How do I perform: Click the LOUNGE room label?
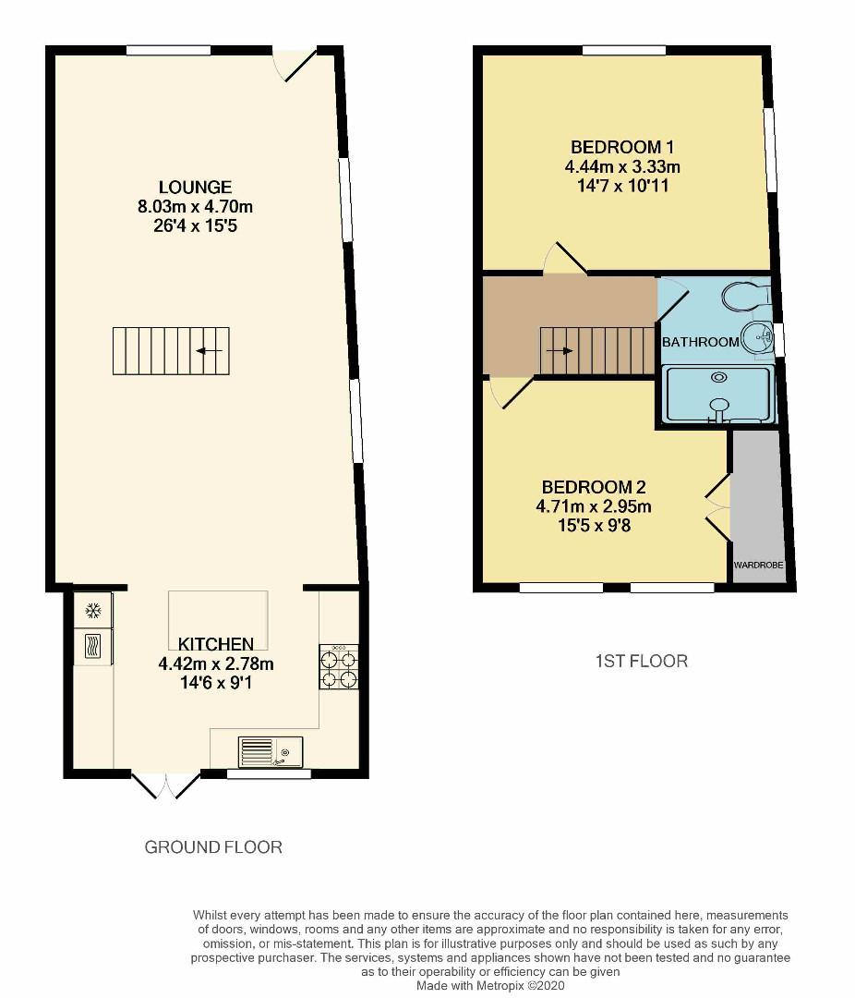194,187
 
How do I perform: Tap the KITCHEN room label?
216,644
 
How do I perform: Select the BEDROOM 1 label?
621,147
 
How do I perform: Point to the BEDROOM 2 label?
593,487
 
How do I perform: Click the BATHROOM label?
701,342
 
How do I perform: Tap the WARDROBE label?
758,564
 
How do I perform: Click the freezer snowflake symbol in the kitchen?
92,610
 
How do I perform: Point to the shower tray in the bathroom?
717,395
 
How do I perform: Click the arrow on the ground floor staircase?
209,351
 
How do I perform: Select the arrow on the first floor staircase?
560,351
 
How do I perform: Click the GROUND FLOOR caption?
213,846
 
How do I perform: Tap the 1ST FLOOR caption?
641,661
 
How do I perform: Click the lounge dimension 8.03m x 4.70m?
194,206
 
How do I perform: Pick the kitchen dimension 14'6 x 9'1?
216,683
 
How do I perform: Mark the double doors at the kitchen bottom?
166,785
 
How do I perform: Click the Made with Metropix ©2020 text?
489,986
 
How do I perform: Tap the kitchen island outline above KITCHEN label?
218,610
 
